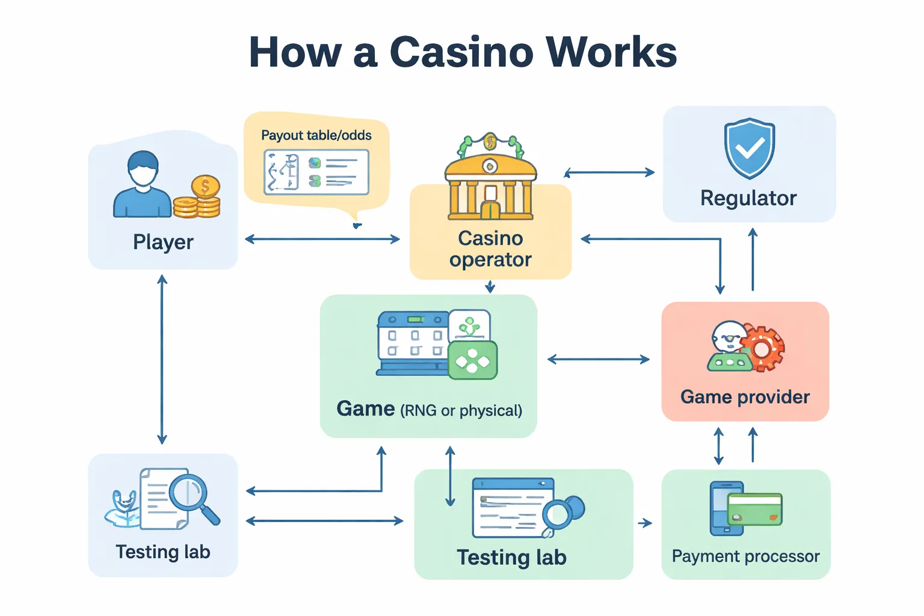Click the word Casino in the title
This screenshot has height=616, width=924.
[461, 52]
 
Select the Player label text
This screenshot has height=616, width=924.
[163, 242]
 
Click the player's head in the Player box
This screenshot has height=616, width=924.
[143, 168]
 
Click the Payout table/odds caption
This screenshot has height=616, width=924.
[316, 135]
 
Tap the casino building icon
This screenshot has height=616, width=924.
[490, 180]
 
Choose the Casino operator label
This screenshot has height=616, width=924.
[490, 249]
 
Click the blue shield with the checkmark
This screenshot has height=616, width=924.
[749, 148]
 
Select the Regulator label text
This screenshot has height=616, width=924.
[748, 198]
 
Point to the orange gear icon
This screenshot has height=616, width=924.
[763, 347]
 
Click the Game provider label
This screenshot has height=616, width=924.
[745, 397]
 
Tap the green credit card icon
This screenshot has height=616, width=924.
[754, 509]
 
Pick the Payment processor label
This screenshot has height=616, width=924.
[745, 556]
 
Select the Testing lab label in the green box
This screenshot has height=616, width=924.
[511, 558]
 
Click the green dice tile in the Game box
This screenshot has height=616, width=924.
[473, 360]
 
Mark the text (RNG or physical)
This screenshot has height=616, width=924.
[461, 411]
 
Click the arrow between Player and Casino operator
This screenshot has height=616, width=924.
[322, 239]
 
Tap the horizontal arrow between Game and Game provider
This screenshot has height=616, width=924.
[599, 360]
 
